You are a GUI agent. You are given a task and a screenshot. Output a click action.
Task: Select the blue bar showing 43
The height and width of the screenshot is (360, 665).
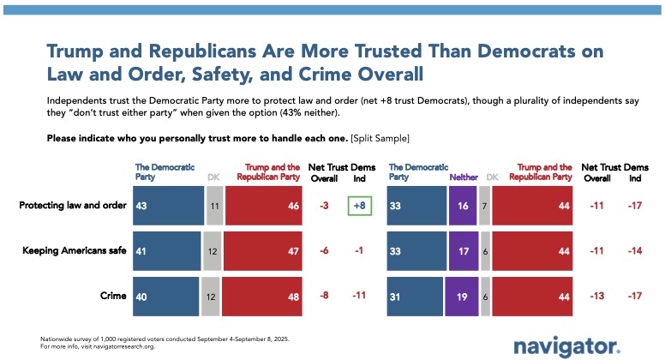tap(168, 206)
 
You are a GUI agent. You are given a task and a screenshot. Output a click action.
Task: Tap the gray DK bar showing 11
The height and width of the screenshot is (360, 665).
tap(215, 206)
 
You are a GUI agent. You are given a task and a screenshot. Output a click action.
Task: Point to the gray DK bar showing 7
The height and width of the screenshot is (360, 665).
tap(484, 206)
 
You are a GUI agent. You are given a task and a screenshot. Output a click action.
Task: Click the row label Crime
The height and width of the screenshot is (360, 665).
tap(115, 296)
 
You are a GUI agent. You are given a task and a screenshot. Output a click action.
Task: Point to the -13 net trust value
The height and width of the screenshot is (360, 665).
tap(590, 296)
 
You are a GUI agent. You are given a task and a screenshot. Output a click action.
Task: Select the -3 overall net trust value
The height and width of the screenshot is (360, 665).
tap(323, 206)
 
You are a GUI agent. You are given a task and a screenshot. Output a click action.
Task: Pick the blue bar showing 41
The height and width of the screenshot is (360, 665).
tap(167, 251)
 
